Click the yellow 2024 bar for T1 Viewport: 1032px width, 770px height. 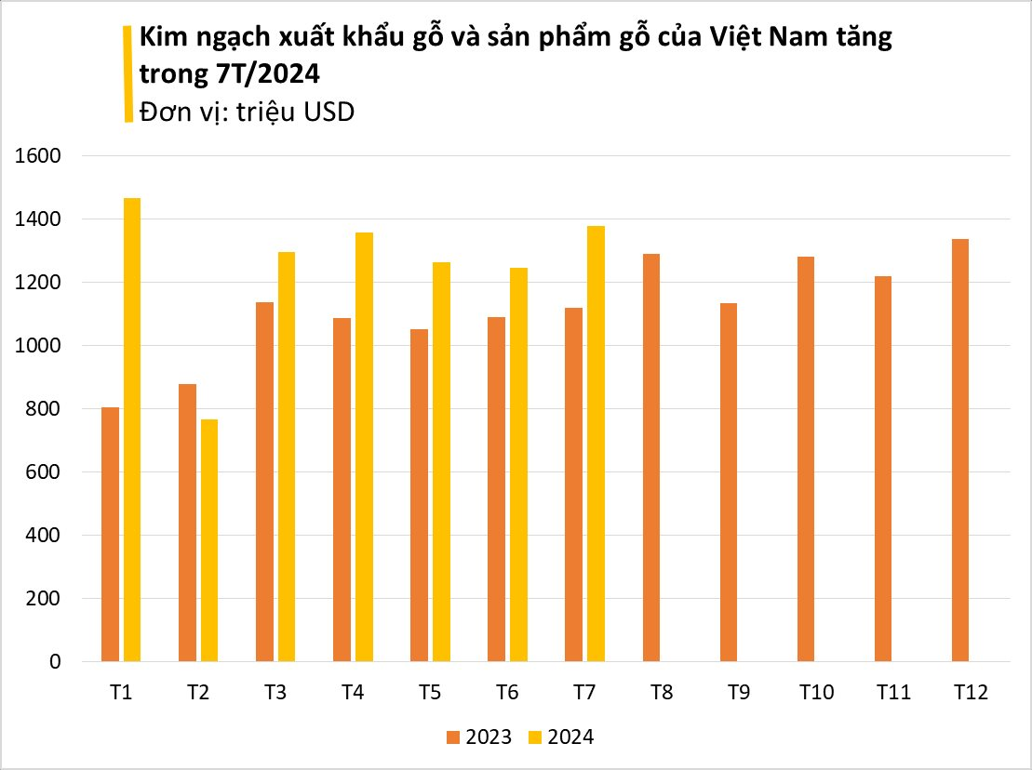[132, 430]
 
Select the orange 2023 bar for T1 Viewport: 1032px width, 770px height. [111, 535]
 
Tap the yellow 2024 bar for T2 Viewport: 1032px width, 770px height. [209, 540]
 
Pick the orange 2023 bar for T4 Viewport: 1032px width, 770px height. [342, 490]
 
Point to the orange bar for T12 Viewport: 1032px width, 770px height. [960, 450]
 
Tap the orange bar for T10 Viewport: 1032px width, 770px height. [806, 459]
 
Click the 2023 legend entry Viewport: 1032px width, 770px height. [479, 737]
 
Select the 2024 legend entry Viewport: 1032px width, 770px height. [561, 737]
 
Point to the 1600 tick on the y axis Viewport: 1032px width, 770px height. [38, 156]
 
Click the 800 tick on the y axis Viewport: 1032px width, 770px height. [44, 409]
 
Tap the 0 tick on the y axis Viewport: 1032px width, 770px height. [55, 662]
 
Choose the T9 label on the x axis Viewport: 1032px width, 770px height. [739, 693]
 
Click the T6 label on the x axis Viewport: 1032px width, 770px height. [507, 693]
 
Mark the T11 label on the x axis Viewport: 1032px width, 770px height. [893, 693]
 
